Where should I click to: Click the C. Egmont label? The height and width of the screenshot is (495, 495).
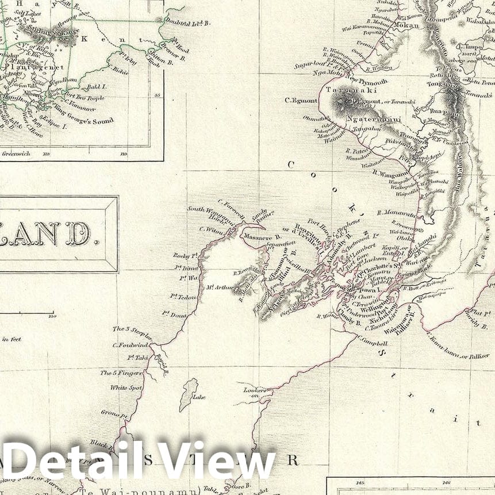(301, 101)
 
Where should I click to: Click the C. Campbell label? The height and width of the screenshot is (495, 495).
(371, 343)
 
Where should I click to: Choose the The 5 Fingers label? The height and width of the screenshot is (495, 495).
(114, 373)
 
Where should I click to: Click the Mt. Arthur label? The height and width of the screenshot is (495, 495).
(220, 287)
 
